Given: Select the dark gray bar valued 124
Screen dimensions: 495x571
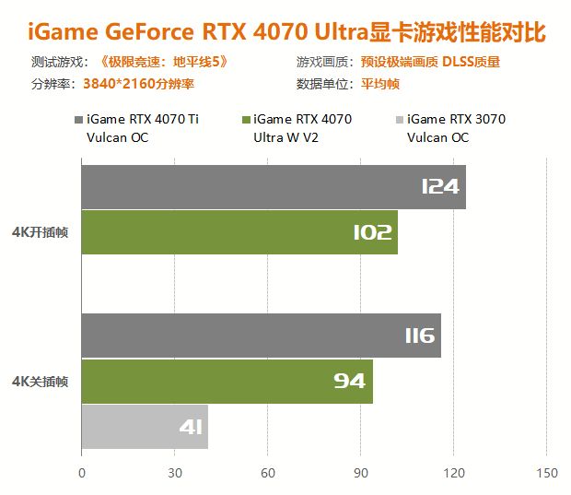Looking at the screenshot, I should [x=274, y=187].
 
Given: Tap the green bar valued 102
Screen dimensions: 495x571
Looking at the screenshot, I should [x=239, y=232].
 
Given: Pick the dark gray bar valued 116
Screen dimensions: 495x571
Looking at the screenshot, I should [x=261, y=336].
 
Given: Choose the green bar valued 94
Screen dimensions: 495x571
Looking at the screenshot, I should [x=227, y=381].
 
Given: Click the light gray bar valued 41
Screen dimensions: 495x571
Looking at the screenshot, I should [x=145, y=427].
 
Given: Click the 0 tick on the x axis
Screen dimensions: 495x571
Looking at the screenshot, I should [x=82, y=474].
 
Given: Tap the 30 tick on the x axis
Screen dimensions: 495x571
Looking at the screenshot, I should [x=175, y=474].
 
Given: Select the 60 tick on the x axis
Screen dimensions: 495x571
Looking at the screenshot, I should [x=268, y=474].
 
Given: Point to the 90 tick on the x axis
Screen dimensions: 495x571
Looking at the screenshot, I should [x=361, y=474].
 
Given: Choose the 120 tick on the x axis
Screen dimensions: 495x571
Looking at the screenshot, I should [x=454, y=474].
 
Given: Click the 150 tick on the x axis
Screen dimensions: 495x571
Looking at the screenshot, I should [x=547, y=474].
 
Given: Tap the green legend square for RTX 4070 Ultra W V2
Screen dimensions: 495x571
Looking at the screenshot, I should [x=244, y=120].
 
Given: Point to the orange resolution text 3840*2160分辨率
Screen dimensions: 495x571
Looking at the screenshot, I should [x=138, y=84].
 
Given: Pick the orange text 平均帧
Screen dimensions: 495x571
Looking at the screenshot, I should [x=380, y=84].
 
